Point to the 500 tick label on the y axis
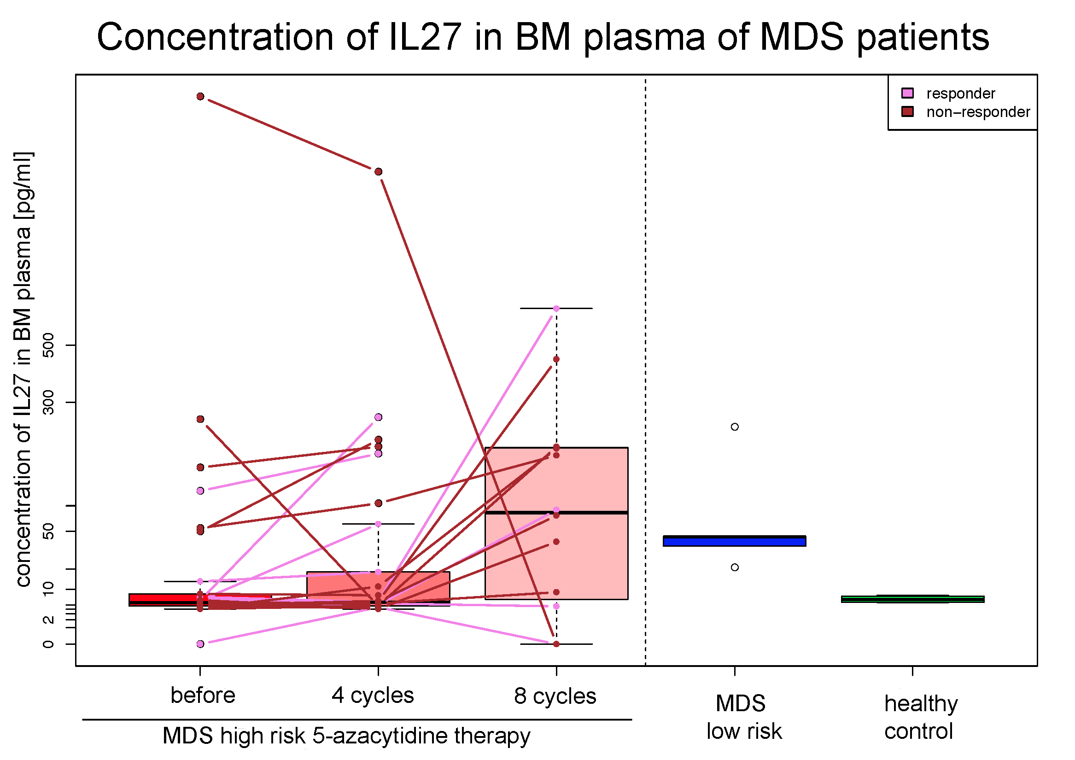[48, 345]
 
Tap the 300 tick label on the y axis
[48, 402]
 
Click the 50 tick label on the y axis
[48, 531]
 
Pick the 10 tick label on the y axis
[48, 589]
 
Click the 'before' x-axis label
[203, 696]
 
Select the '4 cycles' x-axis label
[373, 696]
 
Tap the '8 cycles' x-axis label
[555, 696]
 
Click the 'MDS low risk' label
[743, 717]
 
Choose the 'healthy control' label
[921, 717]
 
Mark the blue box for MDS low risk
[734, 541]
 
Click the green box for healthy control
[912, 599]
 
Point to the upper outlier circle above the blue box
[735, 427]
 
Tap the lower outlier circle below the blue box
[735, 567]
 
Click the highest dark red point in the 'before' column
[200, 96]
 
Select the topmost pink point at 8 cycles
[556, 309]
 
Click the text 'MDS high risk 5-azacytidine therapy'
[346, 736]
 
